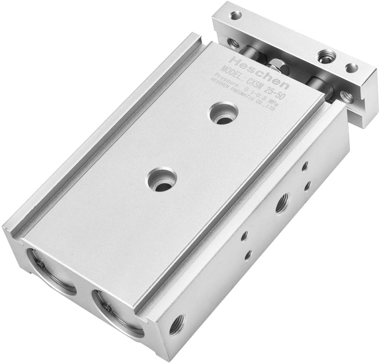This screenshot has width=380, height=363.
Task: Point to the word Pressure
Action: (x=224, y=81)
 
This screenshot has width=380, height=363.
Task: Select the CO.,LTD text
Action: (x=266, y=106)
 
